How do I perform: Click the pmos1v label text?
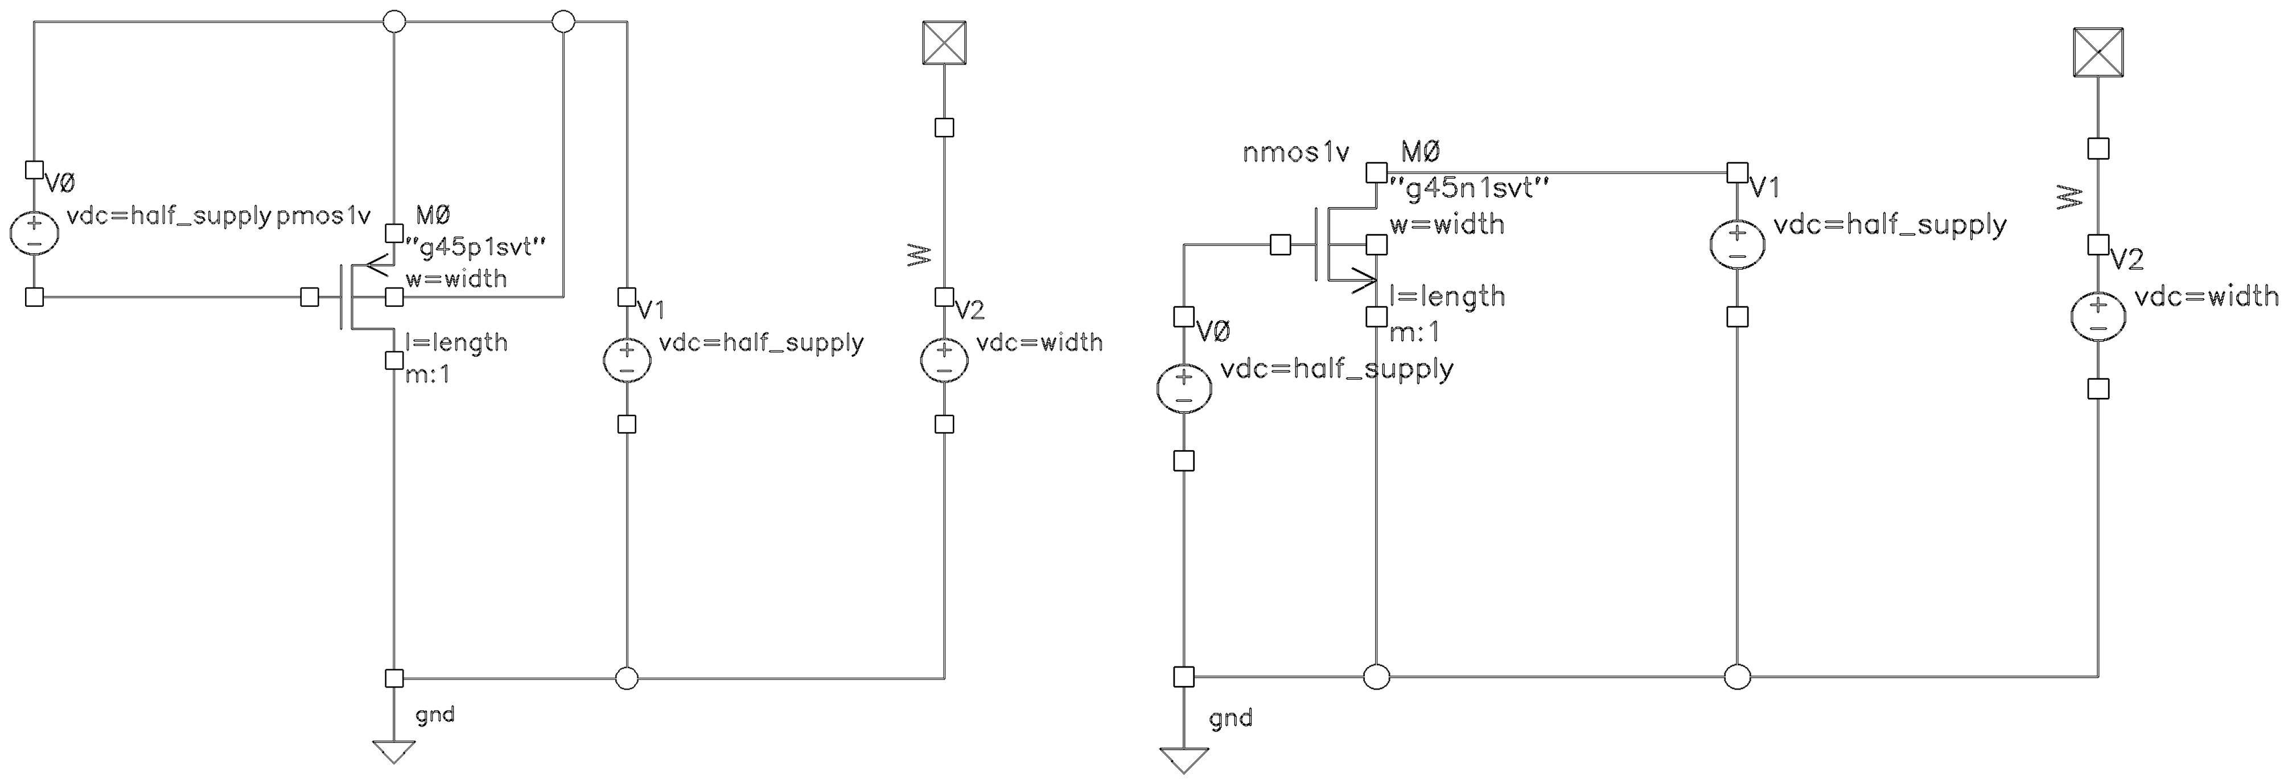[322, 216]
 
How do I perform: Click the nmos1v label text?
[1295, 153]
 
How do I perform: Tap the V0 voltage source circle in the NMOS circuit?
[1183, 388]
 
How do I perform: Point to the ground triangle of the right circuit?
[1183, 760]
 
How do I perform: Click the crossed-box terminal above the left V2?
[944, 43]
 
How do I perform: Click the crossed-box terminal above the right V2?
[2098, 52]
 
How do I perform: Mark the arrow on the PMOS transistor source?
[377, 261]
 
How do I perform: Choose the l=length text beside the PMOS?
[456, 342]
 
